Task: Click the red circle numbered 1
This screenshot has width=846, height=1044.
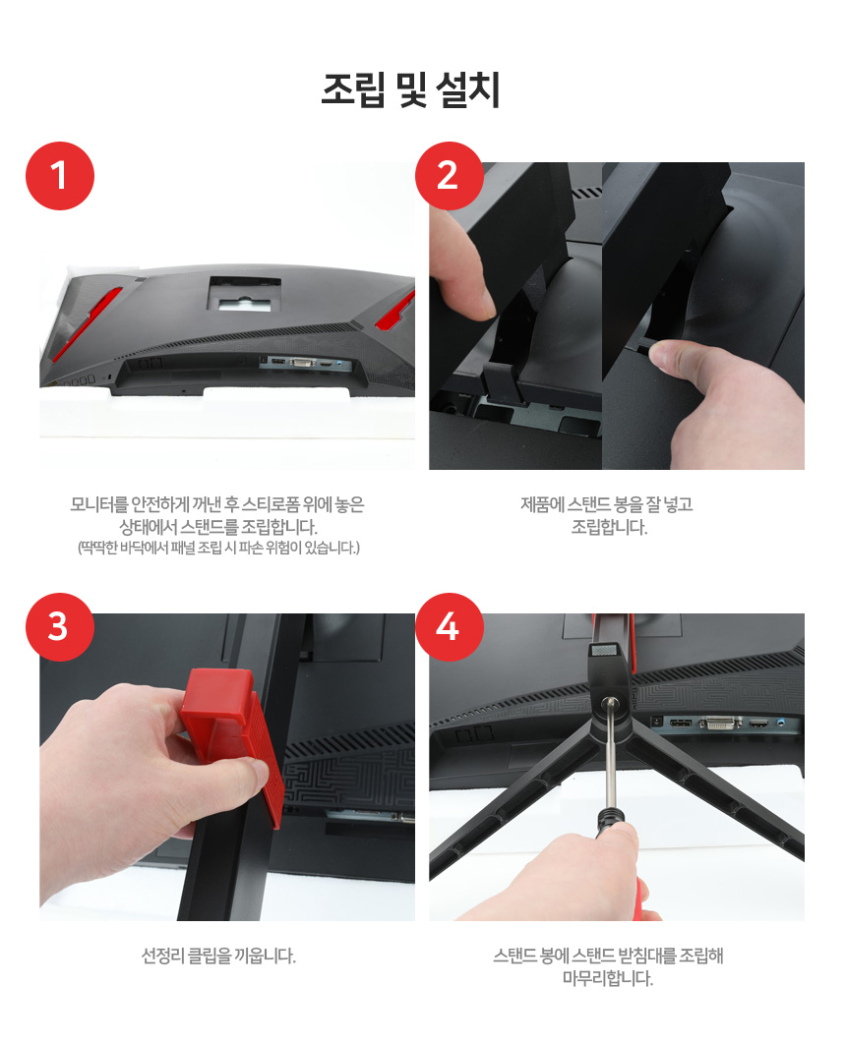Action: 60,176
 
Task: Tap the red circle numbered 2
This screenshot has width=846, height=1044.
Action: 449,176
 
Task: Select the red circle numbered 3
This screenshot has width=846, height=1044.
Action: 60,627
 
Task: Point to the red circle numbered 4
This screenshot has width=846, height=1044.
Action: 449,627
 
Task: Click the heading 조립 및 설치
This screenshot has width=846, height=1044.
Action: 410,89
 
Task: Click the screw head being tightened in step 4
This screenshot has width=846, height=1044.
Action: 609,702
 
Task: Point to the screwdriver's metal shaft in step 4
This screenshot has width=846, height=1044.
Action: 608,759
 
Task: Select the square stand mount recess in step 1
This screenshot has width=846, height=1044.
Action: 244,294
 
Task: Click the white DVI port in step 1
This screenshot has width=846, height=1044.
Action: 302,362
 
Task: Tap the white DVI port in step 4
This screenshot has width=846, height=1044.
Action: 720,723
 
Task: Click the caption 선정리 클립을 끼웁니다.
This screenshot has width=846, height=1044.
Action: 218,957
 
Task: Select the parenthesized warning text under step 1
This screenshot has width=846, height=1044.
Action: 218,548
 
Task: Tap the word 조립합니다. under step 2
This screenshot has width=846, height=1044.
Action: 610,527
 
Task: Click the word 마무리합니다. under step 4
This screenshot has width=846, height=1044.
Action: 608,978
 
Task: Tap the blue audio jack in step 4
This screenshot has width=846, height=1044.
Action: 781,722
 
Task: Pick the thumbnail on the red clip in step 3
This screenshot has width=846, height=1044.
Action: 256,774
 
